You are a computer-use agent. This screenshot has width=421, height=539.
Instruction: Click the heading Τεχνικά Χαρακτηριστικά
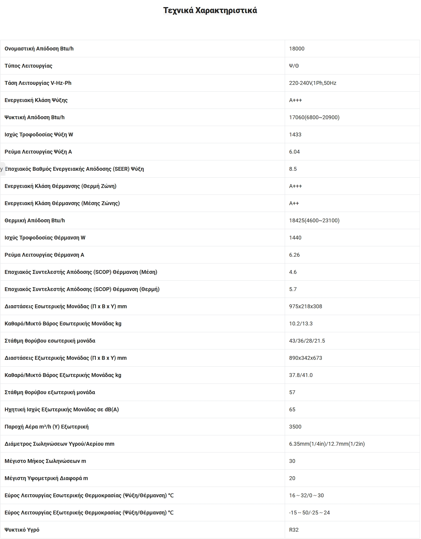click(x=210, y=10)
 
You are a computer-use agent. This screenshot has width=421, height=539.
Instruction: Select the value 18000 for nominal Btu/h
click(x=297, y=49)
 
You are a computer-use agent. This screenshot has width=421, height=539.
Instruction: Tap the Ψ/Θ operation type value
click(x=294, y=66)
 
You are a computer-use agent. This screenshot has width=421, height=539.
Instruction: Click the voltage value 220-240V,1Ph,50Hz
click(x=312, y=83)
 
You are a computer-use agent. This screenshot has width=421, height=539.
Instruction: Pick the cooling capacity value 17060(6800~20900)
click(x=314, y=117)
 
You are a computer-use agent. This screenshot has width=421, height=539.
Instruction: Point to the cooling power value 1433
click(x=295, y=134)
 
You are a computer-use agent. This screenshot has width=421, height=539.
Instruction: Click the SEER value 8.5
click(x=293, y=169)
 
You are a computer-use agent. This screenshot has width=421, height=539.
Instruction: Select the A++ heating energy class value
click(x=294, y=203)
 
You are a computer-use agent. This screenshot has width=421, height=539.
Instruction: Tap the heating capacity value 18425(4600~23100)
click(x=314, y=220)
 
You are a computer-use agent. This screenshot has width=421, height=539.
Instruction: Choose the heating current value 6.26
click(x=294, y=255)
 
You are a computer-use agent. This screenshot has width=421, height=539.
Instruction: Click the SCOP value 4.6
click(x=293, y=272)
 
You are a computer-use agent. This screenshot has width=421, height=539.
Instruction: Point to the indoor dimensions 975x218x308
click(x=306, y=306)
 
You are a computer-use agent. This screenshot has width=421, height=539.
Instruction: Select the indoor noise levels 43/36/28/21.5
click(x=307, y=341)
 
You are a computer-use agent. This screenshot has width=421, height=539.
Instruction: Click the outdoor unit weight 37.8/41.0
click(x=301, y=375)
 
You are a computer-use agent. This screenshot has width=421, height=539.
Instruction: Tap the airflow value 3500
click(x=295, y=427)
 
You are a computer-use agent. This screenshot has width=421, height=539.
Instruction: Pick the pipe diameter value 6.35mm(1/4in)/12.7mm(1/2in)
click(x=327, y=444)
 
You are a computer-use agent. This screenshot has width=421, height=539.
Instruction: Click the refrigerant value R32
click(x=294, y=530)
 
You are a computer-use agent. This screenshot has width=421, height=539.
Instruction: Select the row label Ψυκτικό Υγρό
click(x=22, y=530)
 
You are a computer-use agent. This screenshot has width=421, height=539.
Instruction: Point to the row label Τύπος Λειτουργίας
click(x=28, y=66)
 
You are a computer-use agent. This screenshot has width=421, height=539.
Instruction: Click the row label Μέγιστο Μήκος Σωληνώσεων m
click(x=45, y=461)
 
